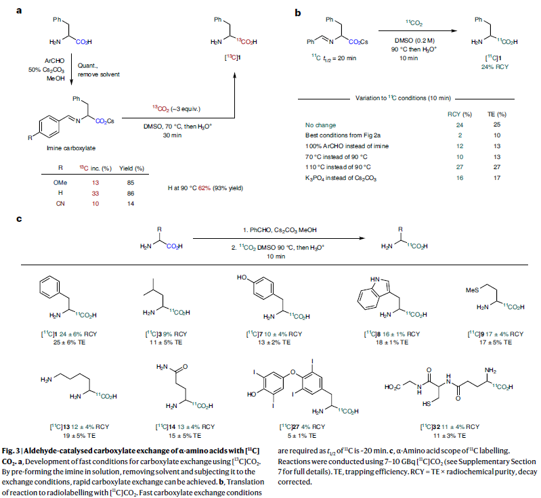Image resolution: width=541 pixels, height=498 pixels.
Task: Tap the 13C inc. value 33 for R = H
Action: point(94,193)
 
